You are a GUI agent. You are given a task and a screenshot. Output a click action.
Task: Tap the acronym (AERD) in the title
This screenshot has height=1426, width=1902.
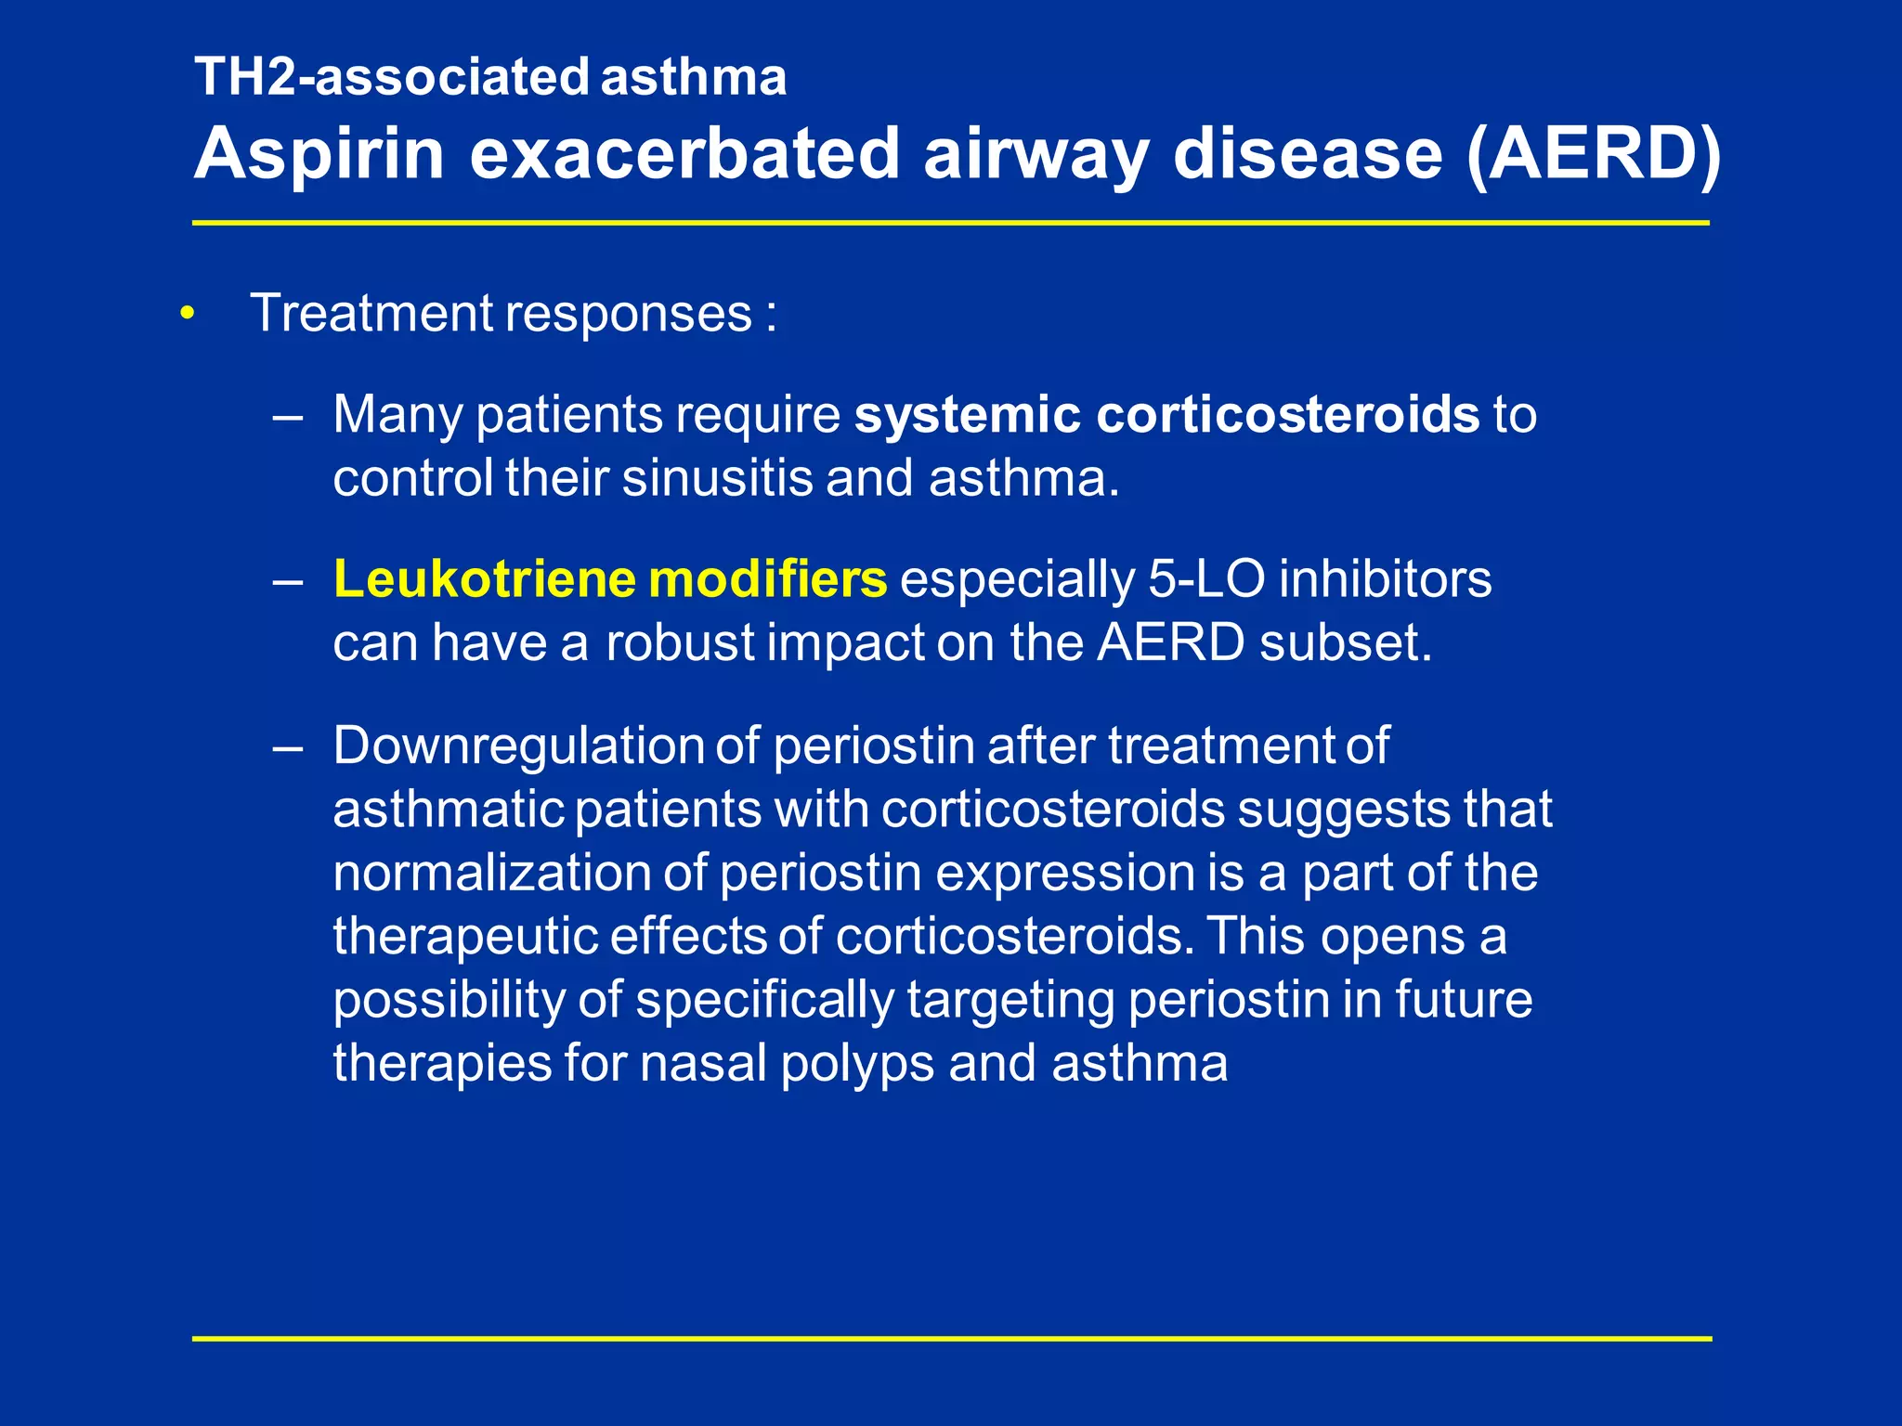click(1594, 153)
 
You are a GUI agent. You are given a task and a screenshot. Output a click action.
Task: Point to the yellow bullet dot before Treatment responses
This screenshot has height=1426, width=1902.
click(189, 314)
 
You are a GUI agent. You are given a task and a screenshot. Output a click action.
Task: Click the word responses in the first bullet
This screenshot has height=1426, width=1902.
click(628, 313)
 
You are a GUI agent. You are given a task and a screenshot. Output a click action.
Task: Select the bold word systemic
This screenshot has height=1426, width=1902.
click(967, 414)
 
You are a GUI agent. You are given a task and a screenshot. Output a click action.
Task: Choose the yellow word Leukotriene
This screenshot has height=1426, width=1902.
click(484, 579)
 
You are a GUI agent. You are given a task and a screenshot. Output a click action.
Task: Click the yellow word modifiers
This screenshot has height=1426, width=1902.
click(768, 579)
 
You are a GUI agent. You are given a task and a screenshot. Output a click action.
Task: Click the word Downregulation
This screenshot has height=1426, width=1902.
click(518, 745)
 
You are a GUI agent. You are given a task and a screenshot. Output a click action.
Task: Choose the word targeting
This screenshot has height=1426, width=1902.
click(1010, 1000)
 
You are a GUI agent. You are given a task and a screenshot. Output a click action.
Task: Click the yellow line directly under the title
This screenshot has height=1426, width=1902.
click(951, 223)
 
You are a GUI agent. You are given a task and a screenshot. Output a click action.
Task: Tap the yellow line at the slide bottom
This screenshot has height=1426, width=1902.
click(951, 1339)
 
